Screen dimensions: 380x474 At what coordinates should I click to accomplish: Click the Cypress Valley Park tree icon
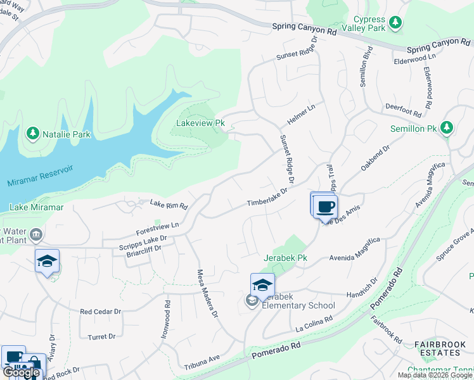(x=395, y=23)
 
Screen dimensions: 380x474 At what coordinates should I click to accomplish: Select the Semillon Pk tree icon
(x=447, y=128)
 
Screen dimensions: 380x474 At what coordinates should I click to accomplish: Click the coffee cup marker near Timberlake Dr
(x=326, y=206)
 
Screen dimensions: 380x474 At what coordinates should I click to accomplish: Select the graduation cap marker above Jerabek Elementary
(x=262, y=285)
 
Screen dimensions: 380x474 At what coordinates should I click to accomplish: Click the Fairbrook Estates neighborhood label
(x=440, y=348)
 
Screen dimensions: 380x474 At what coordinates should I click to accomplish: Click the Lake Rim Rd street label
(x=169, y=205)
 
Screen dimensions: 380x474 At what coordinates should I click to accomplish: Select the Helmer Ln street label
(x=302, y=115)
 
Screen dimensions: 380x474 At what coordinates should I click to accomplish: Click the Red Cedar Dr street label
(x=100, y=312)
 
